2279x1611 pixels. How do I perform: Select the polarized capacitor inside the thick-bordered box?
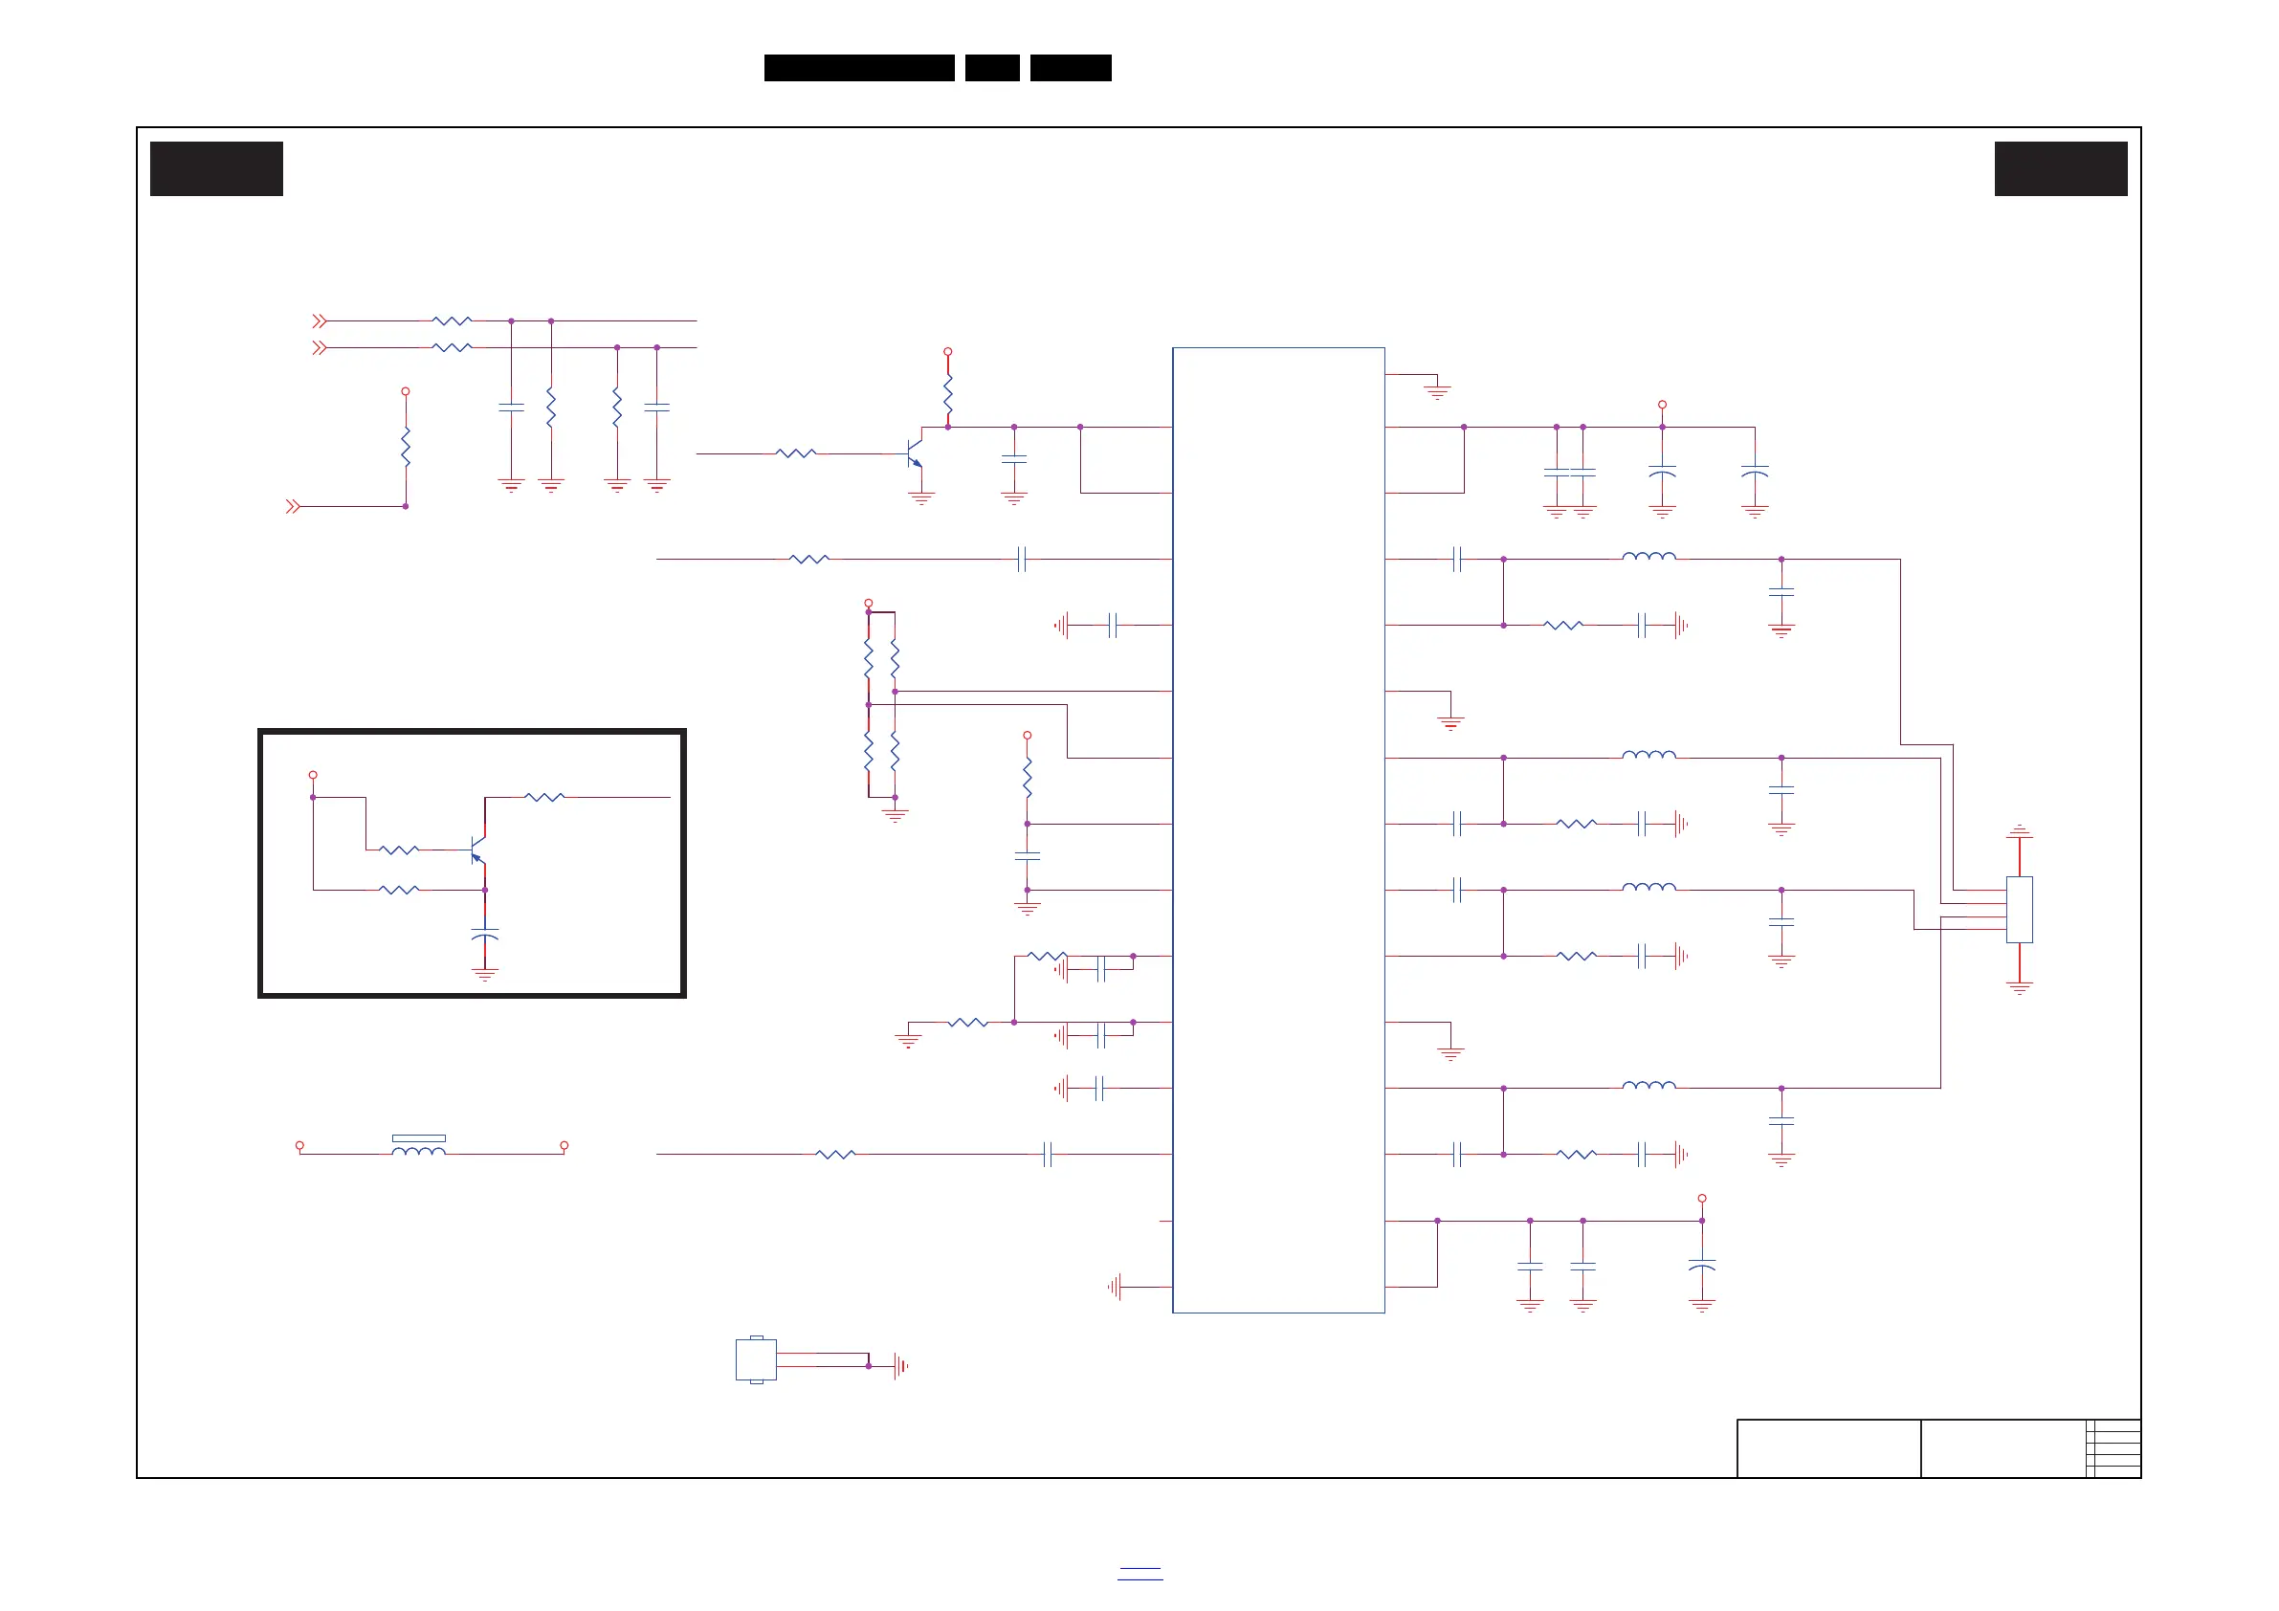(x=484, y=935)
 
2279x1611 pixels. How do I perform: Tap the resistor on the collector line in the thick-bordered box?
(x=544, y=797)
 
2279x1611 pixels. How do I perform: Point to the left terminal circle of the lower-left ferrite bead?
(x=299, y=1145)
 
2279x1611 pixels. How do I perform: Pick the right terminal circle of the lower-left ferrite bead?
(x=564, y=1145)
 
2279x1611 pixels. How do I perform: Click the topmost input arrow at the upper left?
(x=319, y=321)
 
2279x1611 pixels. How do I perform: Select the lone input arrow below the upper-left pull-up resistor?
(x=292, y=507)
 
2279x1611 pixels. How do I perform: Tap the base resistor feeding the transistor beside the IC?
(x=796, y=453)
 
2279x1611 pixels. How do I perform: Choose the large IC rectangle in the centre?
(x=1278, y=829)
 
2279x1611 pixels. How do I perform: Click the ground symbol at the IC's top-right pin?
(x=1437, y=391)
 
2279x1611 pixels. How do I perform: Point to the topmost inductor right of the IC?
(x=1648, y=557)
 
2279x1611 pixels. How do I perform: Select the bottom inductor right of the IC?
(x=1648, y=1086)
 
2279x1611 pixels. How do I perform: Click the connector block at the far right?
(x=2019, y=909)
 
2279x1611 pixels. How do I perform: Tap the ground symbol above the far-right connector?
(x=2019, y=831)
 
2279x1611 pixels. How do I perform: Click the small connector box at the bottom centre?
(x=756, y=1359)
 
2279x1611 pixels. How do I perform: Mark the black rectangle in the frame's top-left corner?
(x=216, y=168)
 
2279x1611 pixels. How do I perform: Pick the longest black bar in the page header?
(x=858, y=68)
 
